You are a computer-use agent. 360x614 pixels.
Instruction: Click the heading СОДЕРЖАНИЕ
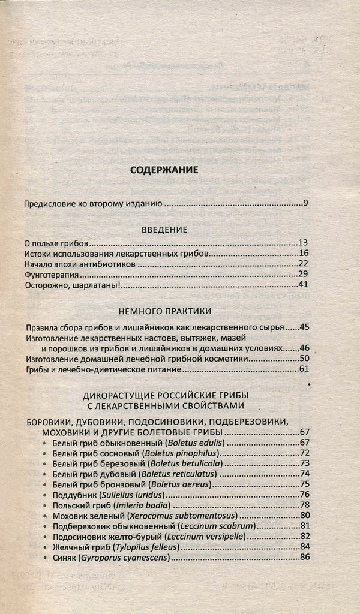pyautogui.click(x=164, y=170)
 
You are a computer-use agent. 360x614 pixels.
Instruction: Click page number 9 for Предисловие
pyautogui.click(x=305, y=204)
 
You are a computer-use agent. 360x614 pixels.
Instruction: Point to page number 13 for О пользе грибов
pyautogui.click(x=302, y=243)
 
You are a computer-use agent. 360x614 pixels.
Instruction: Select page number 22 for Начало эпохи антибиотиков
pyautogui.click(x=302, y=264)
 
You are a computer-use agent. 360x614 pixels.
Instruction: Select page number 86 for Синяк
pyautogui.click(x=304, y=558)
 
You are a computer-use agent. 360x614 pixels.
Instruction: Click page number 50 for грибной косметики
pyautogui.click(x=304, y=359)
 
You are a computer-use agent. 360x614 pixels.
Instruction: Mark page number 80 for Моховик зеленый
pyautogui.click(x=304, y=515)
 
